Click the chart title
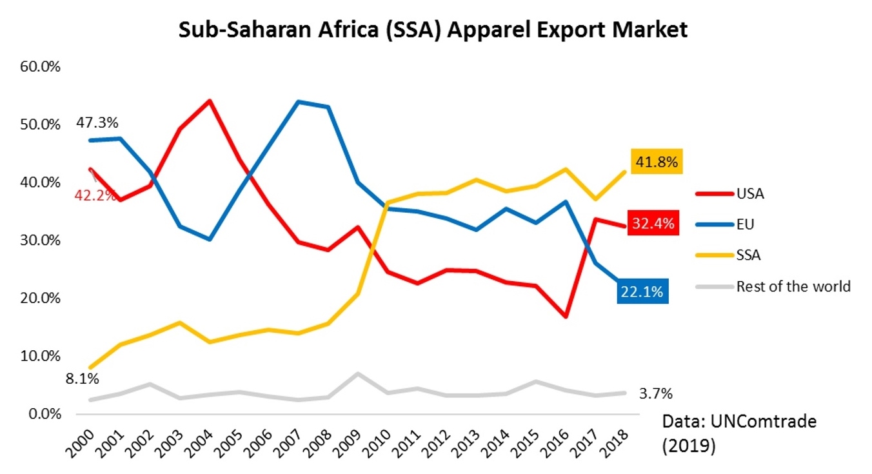[x=433, y=30]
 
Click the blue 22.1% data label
[x=642, y=291]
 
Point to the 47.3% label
[x=97, y=122]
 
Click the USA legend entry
[x=749, y=193]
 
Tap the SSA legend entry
[x=748, y=255]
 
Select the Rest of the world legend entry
[x=793, y=286]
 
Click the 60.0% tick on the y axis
[x=41, y=66]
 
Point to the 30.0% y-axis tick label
[x=41, y=241]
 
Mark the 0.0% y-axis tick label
[x=43, y=414]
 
